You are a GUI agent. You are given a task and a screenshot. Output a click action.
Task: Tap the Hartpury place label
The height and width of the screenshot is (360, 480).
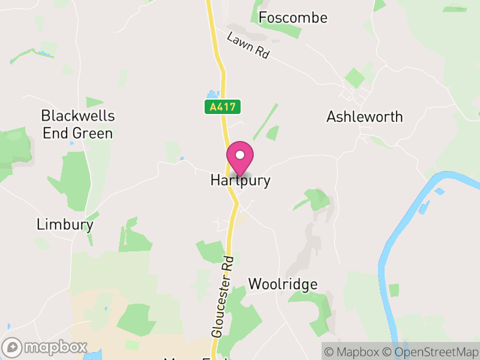point(240,180)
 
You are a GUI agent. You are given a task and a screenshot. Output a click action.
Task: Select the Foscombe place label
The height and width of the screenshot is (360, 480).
point(293,18)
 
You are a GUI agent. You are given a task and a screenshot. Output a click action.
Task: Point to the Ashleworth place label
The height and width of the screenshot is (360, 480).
point(364,116)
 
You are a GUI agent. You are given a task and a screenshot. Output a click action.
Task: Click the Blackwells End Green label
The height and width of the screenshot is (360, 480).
point(77,124)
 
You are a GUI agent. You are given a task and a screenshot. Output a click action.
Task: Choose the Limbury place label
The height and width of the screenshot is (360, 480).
point(65,224)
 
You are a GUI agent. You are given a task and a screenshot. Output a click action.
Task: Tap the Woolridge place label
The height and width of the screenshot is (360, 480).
point(283,284)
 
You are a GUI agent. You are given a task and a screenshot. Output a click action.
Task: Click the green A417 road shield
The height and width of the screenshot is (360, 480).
point(223,107)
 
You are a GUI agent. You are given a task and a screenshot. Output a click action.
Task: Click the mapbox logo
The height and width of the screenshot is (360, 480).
point(46,347)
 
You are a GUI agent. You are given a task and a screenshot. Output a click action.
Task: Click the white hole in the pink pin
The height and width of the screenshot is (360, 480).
point(240,154)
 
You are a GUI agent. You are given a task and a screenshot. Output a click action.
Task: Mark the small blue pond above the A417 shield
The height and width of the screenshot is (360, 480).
point(211,94)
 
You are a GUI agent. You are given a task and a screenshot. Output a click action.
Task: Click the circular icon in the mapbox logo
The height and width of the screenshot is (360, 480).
point(13,347)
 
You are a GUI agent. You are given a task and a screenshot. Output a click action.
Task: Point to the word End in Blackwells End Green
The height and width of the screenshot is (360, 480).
point(55,133)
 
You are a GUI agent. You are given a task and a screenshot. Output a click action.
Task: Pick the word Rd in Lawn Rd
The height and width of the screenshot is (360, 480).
point(262,53)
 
